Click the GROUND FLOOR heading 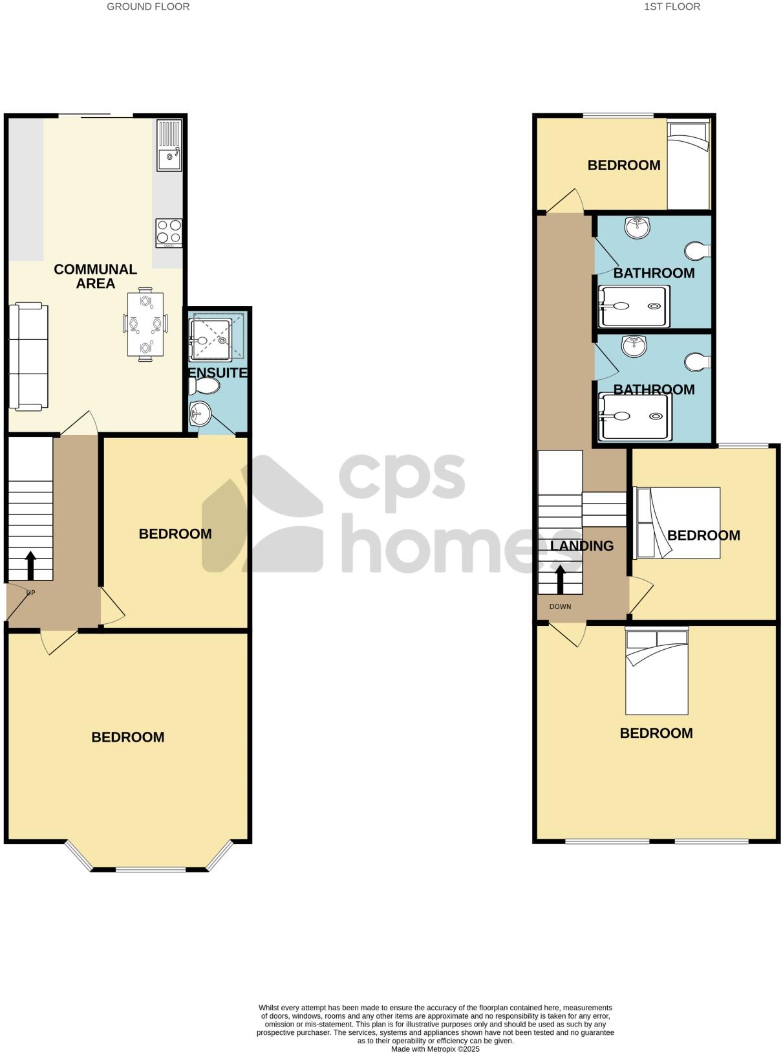[148, 7]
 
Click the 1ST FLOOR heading [672, 7]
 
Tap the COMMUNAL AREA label [95, 276]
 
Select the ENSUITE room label [218, 373]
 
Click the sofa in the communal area [28, 357]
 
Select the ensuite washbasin [200, 414]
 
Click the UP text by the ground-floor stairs [30, 593]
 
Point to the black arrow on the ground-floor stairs [30, 566]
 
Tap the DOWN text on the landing [560, 606]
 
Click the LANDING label [582, 546]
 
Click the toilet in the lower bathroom [698, 362]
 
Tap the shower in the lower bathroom [634, 417]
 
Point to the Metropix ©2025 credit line [435, 1048]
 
